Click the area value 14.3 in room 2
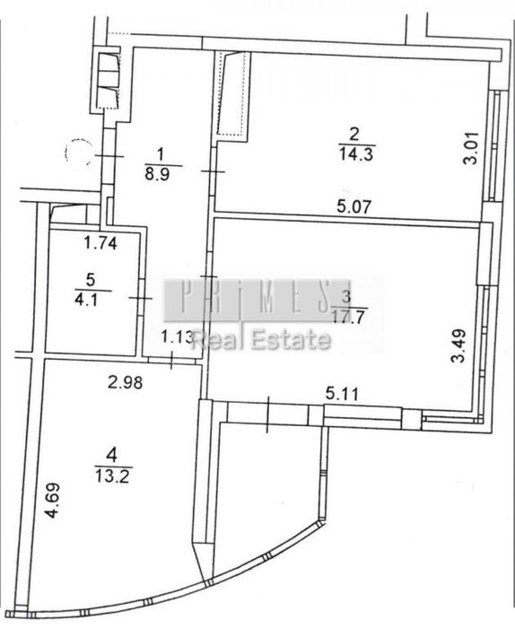356,153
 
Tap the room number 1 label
161,153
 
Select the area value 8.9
157,175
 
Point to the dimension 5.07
354,206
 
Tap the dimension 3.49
459,345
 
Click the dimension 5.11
342,394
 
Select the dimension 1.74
100,243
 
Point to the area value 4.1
86,300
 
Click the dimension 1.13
178,337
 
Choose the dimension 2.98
125,382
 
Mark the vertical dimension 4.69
53,501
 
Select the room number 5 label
91,280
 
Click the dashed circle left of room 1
78,152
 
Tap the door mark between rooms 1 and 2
213,172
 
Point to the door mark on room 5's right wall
141,298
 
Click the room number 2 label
354,135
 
